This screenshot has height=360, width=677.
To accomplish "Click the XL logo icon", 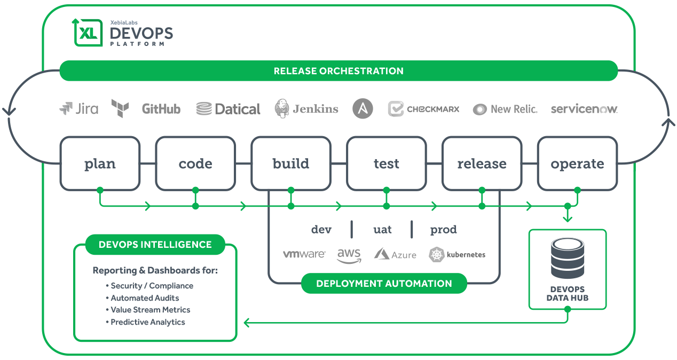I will coord(87,32).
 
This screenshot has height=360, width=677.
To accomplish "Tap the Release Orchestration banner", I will coord(338,71).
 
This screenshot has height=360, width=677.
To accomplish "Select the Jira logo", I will coord(79,109).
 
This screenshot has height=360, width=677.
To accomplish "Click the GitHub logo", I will coord(161,109).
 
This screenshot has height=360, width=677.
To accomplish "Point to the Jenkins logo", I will coord(306,109).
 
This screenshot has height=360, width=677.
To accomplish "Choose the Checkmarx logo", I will coord(423,109).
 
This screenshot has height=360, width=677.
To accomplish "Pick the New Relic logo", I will coord(505,109).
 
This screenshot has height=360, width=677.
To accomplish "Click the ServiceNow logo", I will coord(584,109).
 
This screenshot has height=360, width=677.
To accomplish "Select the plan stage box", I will coord(100,163).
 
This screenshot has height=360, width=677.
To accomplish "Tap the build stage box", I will coord(291,163).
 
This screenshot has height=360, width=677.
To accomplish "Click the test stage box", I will coord(386,163).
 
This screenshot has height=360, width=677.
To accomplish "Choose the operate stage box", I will coord(577,163).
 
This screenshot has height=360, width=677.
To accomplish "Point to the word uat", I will coord(382,230).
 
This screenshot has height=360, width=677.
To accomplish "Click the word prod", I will coord(443,230).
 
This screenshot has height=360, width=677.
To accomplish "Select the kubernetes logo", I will coord(457,255).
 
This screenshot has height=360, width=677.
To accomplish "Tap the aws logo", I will coord(349,255).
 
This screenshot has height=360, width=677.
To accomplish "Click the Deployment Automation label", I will coord(384,284).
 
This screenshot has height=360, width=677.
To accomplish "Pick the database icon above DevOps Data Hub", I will coord(567,259).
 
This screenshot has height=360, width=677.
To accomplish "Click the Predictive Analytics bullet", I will coord(147,322).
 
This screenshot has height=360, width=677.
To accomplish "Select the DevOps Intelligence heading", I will coord(155,245).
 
